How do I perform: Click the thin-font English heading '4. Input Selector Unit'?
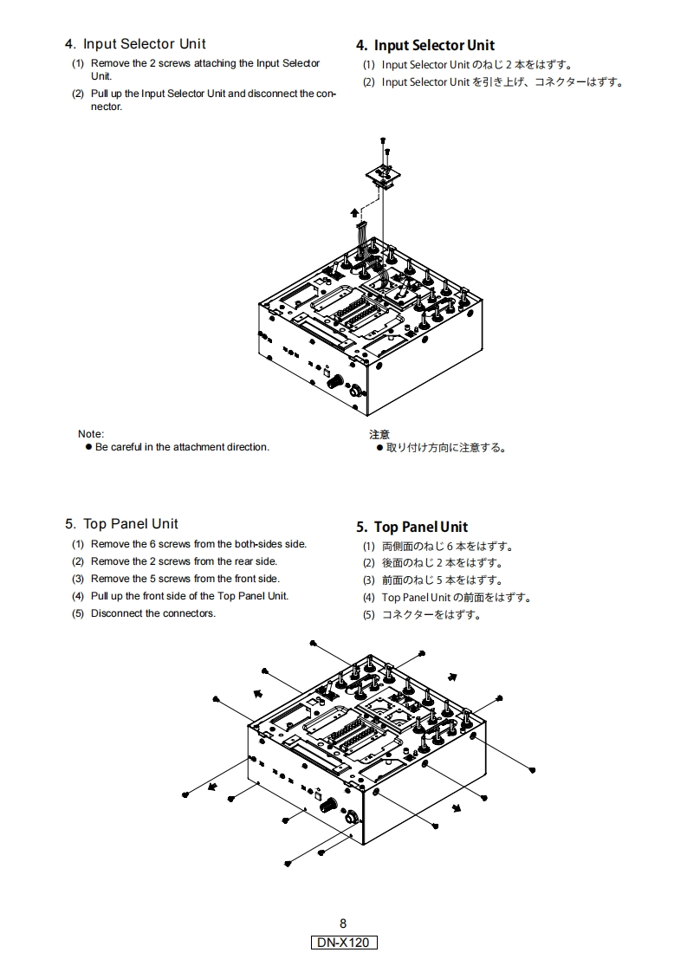pos(135,44)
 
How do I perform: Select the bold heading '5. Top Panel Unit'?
pos(412,527)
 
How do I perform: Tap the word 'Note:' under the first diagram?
pos(91,434)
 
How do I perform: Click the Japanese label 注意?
pos(379,434)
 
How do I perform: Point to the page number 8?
pos(343,923)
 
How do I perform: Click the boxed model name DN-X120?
pos(344,942)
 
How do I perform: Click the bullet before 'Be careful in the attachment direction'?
pos(88,447)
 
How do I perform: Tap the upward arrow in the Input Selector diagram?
pos(353,211)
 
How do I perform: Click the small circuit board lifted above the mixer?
pos(382,174)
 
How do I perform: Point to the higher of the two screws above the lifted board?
pos(383,139)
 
